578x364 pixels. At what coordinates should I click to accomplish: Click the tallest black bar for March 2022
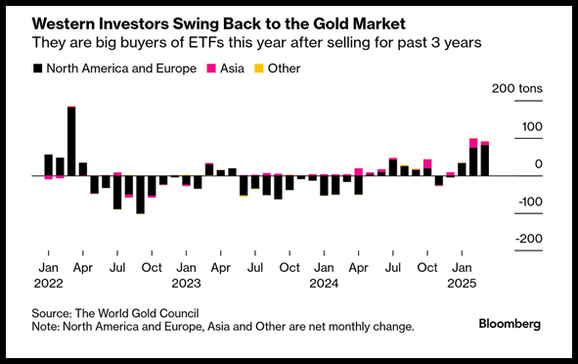coord(71,141)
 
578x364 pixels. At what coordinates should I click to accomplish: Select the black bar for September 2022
coord(140,195)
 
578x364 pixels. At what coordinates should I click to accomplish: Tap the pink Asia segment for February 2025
coord(473,143)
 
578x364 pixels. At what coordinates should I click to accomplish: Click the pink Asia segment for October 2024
coord(427,163)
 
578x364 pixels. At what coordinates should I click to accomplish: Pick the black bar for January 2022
coord(49,165)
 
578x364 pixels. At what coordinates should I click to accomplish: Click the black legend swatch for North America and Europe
coord(37,68)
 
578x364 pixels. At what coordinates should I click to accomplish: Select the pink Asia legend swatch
coord(211,68)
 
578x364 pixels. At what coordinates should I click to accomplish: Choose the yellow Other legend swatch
coord(259,68)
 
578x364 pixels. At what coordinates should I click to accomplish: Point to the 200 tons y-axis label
coord(517,88)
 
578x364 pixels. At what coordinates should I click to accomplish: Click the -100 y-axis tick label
coord(530,202)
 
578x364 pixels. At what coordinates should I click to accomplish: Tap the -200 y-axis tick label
coord(529,239)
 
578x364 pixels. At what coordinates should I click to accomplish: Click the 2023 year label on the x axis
coord(186,283)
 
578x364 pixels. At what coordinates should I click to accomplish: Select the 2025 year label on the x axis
coord(462,283)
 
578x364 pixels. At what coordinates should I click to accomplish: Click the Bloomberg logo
coord(510,324)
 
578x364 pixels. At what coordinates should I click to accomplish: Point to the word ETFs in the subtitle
coord(206,42)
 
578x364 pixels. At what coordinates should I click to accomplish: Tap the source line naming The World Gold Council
coord(115,313)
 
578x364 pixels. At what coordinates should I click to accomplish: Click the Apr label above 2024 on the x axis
coord(358,267)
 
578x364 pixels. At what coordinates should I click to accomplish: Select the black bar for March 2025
coord(485,160)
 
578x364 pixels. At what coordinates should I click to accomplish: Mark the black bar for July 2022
coord(117,193)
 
